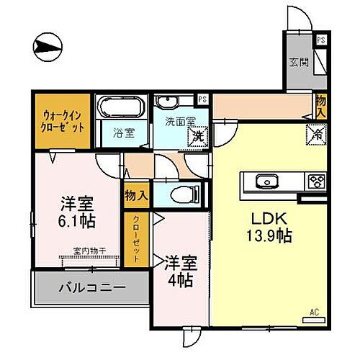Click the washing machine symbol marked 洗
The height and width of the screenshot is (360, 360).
coord(195,135)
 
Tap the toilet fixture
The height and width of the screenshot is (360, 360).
coord(183,194)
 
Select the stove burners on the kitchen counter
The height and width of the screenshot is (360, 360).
coord(316,181)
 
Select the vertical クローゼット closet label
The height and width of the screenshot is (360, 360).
coord(135,240)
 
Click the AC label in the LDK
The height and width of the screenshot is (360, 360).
coord(313,312)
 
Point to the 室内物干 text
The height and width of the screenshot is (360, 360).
coord(89,251)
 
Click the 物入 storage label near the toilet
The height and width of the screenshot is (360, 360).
coord(136,195)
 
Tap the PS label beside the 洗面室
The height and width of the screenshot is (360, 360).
coord(203,99)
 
